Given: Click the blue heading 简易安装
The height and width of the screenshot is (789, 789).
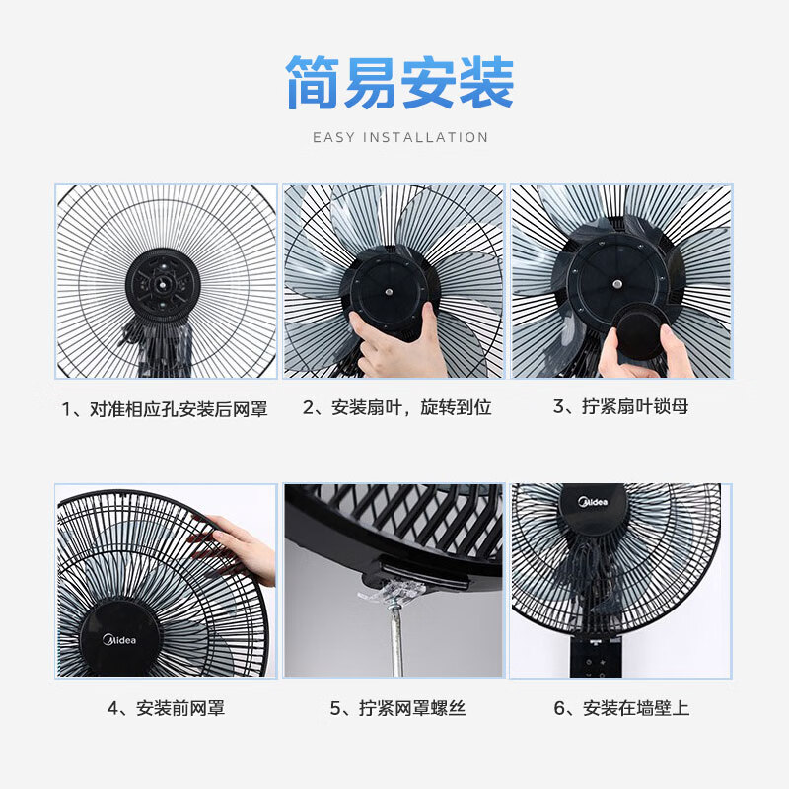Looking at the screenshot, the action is (400, 83).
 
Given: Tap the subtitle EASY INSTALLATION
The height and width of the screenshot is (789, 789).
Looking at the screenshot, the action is (400, 137).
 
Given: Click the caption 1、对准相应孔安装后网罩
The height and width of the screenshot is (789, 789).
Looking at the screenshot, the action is (165, 409).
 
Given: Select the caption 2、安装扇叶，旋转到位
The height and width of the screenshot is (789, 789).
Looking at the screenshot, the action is (397, 407).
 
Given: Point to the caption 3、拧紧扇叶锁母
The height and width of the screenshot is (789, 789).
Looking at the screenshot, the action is (620, 406).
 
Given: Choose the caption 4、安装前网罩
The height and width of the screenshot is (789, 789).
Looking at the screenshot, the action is (166, 708).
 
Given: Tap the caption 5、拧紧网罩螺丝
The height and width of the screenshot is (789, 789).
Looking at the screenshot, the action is (397, 708).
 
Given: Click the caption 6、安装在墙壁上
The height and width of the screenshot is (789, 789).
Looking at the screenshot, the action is (621, 708).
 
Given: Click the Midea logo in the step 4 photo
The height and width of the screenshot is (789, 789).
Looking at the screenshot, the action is (119, 640).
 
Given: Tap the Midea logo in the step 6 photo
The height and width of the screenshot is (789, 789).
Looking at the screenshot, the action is (593, 502).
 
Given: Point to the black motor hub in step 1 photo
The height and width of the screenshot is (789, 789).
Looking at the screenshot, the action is (163, 284).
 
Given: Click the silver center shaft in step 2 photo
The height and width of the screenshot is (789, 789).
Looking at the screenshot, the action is (389, 291).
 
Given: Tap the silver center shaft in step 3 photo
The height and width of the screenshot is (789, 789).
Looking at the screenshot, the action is (617, 284).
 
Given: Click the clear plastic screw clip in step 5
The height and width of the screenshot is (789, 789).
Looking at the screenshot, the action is (392, 593).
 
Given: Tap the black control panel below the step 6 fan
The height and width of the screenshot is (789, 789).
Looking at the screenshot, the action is (597, 657).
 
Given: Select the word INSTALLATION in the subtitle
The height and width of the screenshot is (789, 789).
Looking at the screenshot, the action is (425, 137).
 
